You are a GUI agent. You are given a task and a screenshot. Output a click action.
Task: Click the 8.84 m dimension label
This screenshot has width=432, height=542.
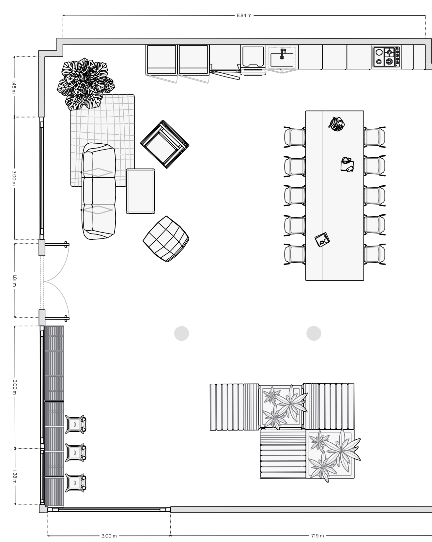tap(244, 15)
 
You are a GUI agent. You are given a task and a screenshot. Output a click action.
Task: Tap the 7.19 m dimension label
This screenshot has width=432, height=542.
tap(317, 535)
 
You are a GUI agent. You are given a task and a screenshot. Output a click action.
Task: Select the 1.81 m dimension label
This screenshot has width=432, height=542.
tap(14, 280)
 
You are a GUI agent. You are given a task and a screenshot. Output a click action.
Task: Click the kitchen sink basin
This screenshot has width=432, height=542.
tap(282, 59)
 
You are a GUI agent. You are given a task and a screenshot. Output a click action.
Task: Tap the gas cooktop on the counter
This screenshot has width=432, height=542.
tap(386, 57)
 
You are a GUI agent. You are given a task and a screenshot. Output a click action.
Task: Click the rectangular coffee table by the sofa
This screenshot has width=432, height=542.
tap(141, 191)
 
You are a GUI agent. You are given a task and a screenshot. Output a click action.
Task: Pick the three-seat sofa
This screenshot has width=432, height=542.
tap(99, 191)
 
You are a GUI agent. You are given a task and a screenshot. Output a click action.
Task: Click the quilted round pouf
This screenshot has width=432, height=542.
tap(166, 239)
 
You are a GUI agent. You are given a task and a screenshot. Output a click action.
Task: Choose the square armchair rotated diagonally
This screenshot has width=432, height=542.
tap(165, 144)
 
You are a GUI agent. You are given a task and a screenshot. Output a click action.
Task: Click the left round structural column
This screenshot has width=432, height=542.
tap(182, 333)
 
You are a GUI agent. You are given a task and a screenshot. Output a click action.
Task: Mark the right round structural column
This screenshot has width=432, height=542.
tap(314, 333)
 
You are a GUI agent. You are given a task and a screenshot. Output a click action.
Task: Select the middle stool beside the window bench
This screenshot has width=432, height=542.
tap(76, 452)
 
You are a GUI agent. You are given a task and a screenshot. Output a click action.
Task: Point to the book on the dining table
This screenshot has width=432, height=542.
tap(322, 240)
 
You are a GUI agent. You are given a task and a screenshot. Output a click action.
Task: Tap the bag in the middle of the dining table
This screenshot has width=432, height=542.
tap(347, 164)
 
